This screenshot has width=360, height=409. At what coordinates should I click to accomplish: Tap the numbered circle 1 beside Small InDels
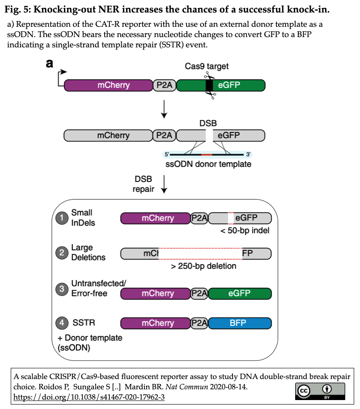[61, 218]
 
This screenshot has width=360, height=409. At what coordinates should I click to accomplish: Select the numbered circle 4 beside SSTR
[61, 323]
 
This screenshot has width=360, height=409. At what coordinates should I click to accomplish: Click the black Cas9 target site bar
[209, 85]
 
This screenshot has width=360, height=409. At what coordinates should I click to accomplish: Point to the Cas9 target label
[207, 66]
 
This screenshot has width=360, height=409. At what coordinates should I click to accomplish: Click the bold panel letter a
[50, 64]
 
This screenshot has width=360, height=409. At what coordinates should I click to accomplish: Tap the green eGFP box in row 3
[240, 293]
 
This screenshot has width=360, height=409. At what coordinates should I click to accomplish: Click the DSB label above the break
[208, 122]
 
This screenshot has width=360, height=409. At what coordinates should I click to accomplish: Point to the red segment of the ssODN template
[207, 154]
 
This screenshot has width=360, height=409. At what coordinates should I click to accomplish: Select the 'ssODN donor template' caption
[208, 164]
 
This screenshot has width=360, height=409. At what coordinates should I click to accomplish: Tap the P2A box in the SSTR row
[199, 323]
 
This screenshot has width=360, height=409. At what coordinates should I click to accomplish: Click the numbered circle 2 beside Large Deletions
[61, 253]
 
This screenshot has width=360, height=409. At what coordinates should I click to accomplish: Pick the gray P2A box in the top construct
[165, 85]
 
